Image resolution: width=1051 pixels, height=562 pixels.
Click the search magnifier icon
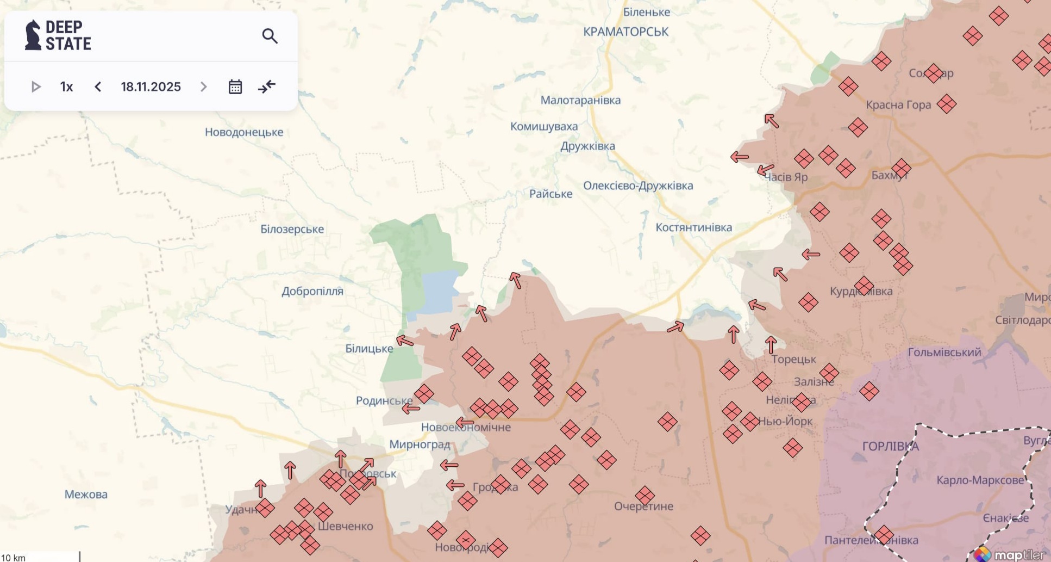tap(270, 36)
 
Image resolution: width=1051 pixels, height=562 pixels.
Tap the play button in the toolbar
tap(36, 87)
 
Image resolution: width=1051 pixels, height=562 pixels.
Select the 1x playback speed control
tap(66, 87)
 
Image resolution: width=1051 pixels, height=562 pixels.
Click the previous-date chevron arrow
tap(98, 87)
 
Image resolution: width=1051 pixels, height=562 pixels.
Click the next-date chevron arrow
tap(203, 87)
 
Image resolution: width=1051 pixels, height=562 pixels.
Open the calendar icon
tap(235, 87)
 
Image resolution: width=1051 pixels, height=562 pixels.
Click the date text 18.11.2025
tap(151, 87)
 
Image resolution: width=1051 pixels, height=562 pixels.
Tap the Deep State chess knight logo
tap(33, 35)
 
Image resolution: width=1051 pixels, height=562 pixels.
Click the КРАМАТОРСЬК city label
tap(625, 32)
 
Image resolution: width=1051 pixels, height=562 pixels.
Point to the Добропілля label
tap(312, 291)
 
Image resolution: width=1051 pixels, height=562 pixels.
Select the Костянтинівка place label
tap(693, 227)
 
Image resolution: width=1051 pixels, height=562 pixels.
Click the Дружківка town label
tap(587, 146)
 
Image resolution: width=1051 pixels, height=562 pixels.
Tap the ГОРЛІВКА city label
tap(890, 447)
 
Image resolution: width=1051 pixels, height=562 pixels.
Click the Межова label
tap(86, 495)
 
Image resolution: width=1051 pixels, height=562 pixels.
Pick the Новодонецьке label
tap(244, 132)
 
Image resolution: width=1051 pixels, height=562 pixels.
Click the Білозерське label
tap(292, 229)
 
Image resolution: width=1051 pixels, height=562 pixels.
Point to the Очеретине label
tap(643, 506)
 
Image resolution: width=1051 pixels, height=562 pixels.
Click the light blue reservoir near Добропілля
tap(439, 291)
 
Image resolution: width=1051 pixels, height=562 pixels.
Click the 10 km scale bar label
tap(13, 558)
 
